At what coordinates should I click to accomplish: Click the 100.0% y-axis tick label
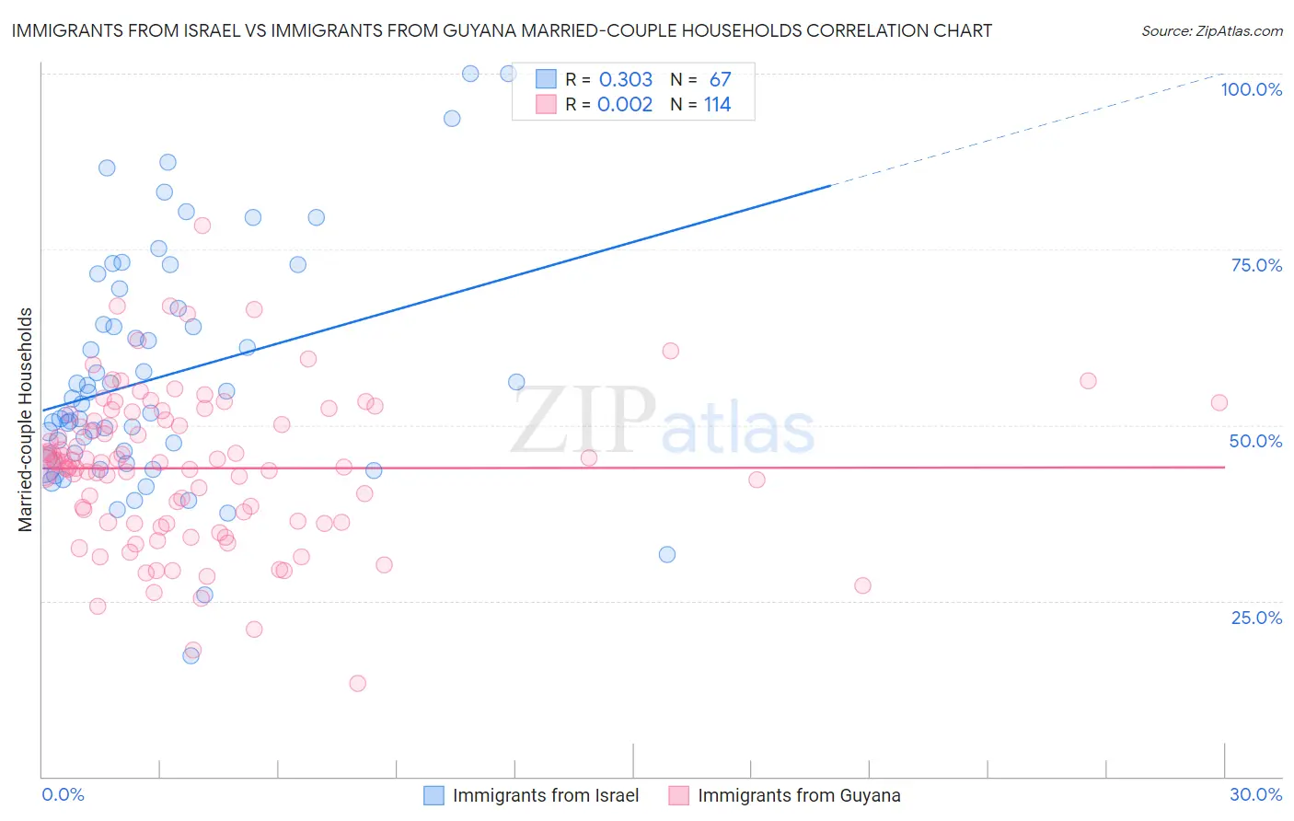click(x=1251, y=89)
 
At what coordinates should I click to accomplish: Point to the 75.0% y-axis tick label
click(x=1256, y=265)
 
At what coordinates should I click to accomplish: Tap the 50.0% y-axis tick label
click(x=1255, y=441)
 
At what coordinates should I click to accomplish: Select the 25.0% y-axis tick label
click(x=1256, y=617)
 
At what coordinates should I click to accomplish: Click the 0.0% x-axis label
click(x=63, y=794)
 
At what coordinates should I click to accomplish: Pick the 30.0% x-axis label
click(x=1255, y=794)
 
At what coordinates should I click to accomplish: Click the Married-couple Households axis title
click(x=26, y=419)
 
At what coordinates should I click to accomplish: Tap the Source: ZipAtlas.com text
click(x=1211, y=30)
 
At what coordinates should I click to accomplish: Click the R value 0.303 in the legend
click(x=625, y=79)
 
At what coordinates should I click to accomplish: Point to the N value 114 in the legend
click(x=717, y=104)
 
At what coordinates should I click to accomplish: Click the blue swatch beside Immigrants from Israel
click(x=433, y=795)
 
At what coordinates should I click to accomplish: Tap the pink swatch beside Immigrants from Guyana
click(x=678, y=795)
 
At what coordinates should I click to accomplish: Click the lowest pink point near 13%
click(x=358, y=683)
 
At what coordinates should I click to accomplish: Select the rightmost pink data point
click(x=1219, y=402)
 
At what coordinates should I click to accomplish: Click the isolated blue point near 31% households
click(x=667, y=554)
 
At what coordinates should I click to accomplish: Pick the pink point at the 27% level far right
click(x=862, y=585)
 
